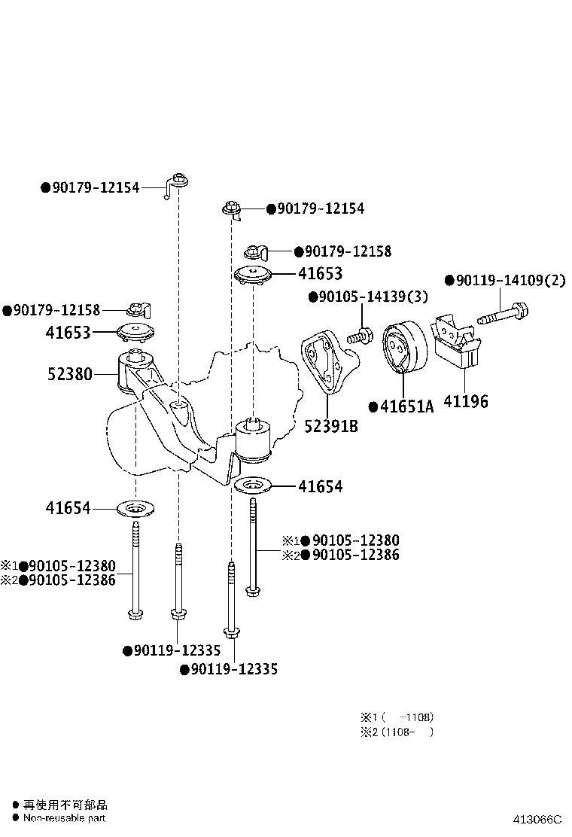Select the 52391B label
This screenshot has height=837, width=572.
(330, 427)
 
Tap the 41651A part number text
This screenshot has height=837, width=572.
(406, 407)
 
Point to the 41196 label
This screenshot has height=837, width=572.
(466, 402)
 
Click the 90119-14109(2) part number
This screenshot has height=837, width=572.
(509, 281)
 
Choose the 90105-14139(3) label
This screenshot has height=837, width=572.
(373, 297)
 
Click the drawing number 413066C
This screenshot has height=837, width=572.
(537, 820)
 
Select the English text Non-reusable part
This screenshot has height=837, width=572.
(65, 818)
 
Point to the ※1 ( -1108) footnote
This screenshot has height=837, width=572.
(397, 717)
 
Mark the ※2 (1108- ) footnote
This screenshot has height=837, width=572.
(397, 732)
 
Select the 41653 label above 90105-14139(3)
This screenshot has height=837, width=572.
(319, 274)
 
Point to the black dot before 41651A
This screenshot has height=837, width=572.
(373, 407)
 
